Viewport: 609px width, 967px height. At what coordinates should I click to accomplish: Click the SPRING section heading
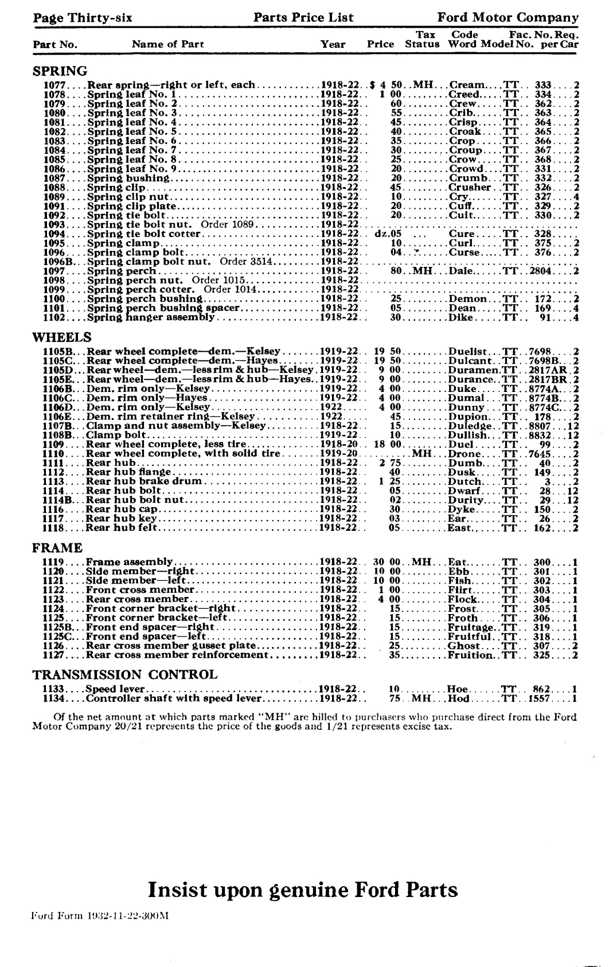(60, 71)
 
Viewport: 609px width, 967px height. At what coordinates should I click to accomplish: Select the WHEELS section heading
(62, 337)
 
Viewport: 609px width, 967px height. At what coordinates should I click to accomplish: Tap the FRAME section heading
(57, 547)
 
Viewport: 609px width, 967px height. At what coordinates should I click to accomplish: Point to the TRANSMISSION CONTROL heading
(125, 674)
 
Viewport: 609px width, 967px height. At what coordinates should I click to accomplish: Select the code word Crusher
(470, 188)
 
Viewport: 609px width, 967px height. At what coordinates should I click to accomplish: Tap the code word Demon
(467, 299)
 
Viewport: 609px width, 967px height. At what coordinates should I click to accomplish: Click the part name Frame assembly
(129, 562)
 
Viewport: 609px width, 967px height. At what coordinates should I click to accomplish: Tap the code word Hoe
(457, 689)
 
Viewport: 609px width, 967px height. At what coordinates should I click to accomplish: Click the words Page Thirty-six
(83, 18)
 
